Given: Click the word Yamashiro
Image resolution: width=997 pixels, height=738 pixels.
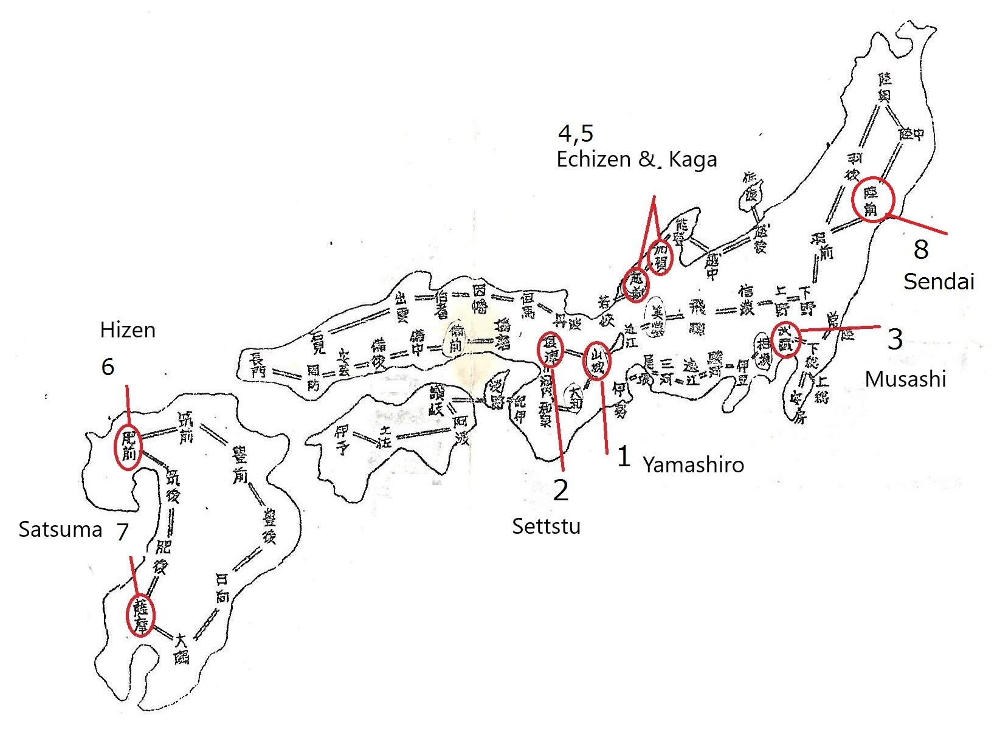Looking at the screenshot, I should pos(693,465).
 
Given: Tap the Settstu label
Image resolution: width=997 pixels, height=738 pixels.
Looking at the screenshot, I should pos(546,526).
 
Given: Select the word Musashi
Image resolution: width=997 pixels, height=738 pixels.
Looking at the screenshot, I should pos(905,379).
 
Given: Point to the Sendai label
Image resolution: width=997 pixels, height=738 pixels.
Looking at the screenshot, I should pos(939,281).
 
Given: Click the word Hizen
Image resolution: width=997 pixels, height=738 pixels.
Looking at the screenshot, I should pos(128,330).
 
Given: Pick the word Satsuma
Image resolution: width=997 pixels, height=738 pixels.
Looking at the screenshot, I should pos(60,529).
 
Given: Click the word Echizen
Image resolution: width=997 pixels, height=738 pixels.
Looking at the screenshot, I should pos(593,159).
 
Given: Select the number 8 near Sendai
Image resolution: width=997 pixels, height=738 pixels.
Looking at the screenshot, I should pos(921,249).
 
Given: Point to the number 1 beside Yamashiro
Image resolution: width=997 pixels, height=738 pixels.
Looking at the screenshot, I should pos(623,457).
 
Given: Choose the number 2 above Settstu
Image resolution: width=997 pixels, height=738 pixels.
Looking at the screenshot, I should pos(561,490).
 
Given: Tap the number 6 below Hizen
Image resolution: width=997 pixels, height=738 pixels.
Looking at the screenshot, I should pos(108,367).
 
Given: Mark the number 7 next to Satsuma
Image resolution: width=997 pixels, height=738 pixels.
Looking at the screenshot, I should pos(122,532).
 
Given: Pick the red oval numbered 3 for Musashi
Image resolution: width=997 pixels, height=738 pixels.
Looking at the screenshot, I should pos(785,339).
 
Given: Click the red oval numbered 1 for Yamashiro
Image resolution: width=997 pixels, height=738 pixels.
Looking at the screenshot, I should pos(597,360).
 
